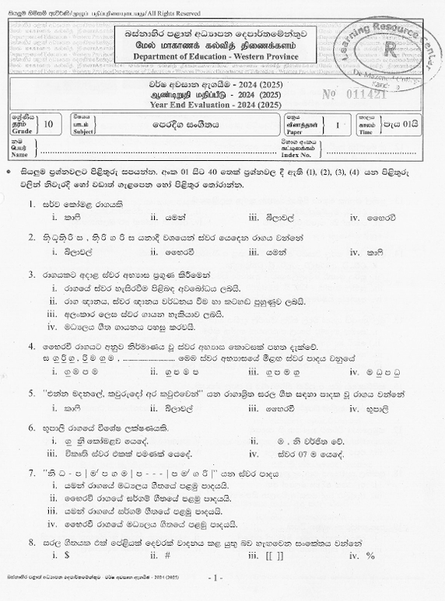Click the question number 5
tap(32, 393)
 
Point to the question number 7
tap(32, 471)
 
